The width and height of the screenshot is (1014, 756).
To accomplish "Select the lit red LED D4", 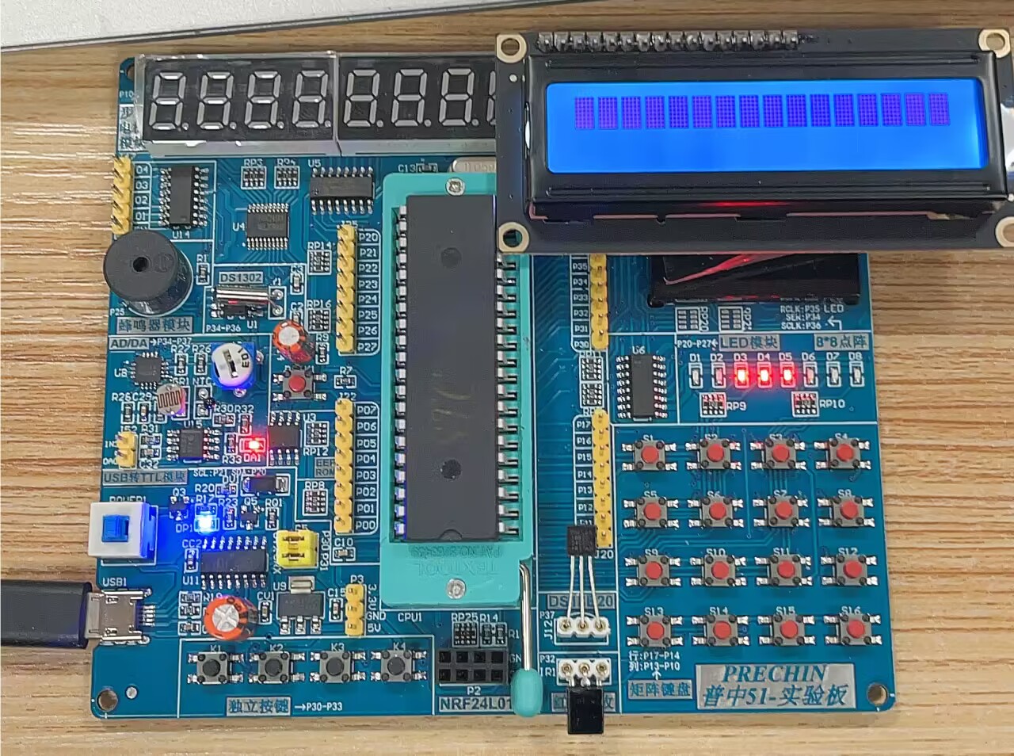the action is tap(764, 377).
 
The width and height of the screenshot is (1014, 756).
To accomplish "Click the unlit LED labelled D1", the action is tap(695, 377).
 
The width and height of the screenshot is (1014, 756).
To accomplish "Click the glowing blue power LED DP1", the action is tap(206, 522).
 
